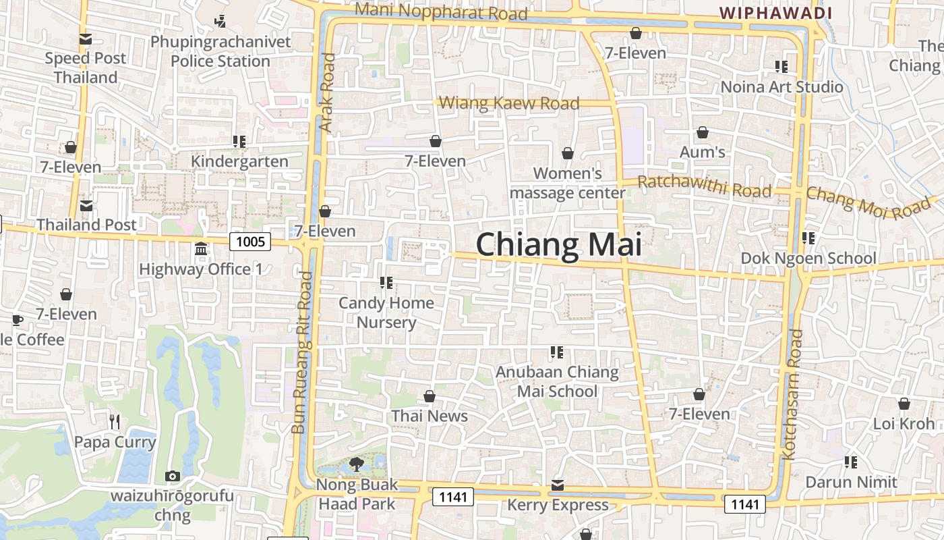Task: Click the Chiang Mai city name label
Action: click(558, 244)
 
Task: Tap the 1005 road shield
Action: click(250, 241)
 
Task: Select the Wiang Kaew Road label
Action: click(509, 103)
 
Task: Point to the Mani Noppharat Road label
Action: click(440, 11)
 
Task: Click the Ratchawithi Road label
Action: click(704, 186)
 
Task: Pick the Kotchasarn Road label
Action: click(791, 394)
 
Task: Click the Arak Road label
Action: click(327, 92)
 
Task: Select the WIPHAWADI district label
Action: click(775, 13)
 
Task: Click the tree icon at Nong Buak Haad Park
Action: click(357, 464)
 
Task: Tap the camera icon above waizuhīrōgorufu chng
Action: click(172, 476)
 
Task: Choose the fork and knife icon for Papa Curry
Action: click(115, 422)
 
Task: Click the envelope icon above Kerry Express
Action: click(558, 485)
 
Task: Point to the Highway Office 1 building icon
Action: click(200, 249)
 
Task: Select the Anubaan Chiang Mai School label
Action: click(558, 381)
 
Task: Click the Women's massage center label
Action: click(568, 183)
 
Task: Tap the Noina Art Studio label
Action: click(781, 86)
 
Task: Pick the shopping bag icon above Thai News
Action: click(430, 396)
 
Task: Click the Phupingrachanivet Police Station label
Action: click(220, 51)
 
